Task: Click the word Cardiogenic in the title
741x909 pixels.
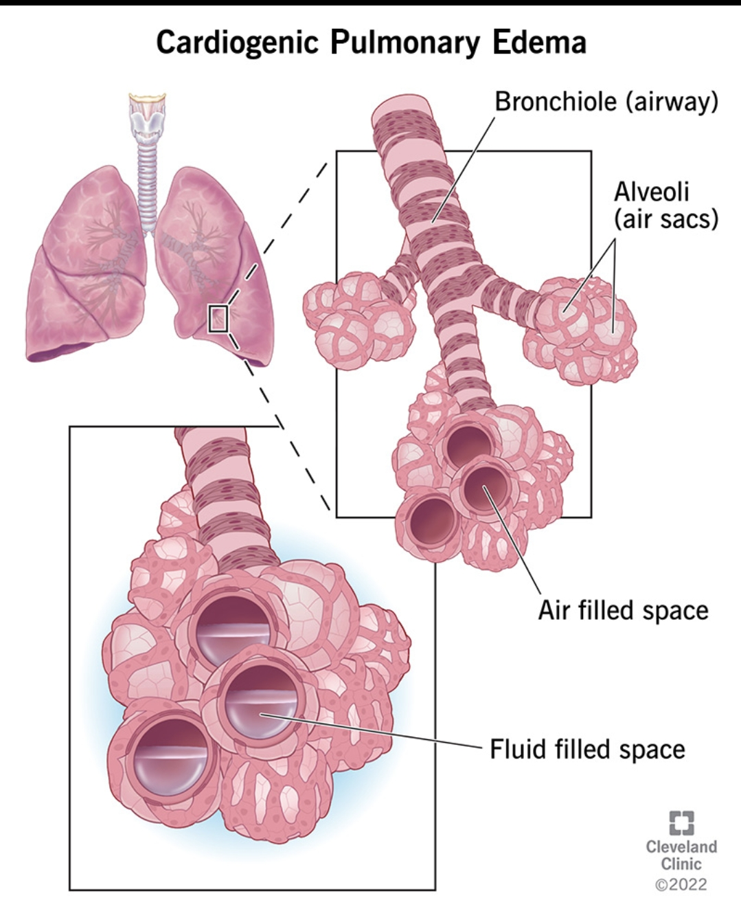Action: pyautogui.click(x=238, y=43)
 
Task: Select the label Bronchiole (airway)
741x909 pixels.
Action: pyautogui.click(x=606, y=102)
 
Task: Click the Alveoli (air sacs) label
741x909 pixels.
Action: pyautogui.click(x=665, y=205)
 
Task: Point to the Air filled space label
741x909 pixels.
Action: pyautogui.click(x=623, y=610)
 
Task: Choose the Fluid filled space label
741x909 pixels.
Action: pyautogui.click(x=587, y=749)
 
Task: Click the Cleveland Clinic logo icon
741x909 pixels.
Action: pyautogui.click(x=681, y=822)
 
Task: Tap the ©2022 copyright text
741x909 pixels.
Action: pyautogui.click(x=681, y=884)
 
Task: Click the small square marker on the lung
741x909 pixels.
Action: pyautogui.click(x=218, y=318)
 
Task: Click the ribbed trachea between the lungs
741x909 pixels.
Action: pyautogui.click(x=146, y=179)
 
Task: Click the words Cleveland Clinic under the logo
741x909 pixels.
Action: pyautogui.click(x=681, y=855)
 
